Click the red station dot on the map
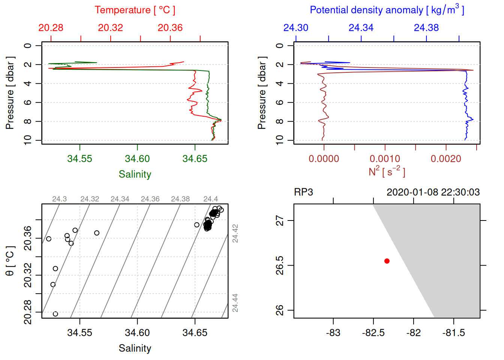click(387, 261)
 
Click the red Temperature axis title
click(135, 10)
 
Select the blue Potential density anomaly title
click(387, 10)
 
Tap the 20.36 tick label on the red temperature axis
click(170, 28)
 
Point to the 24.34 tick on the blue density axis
click(361, 28)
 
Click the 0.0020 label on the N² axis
click(446, 159)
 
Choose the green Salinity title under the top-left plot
click(135, 174)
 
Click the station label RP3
click(303, 192)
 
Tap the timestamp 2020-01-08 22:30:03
click(433, 192)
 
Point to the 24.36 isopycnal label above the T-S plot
click(150, 199)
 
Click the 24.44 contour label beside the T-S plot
click(235, 303)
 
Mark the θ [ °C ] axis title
click(10, 261)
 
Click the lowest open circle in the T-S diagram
click(55, 314)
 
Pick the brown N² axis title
click(387, 172)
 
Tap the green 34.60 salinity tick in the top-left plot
click(137, 159)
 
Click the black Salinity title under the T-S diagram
click(135, 348)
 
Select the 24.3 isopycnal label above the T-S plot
click(59, 199)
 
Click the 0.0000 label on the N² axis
click(324, 159)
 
